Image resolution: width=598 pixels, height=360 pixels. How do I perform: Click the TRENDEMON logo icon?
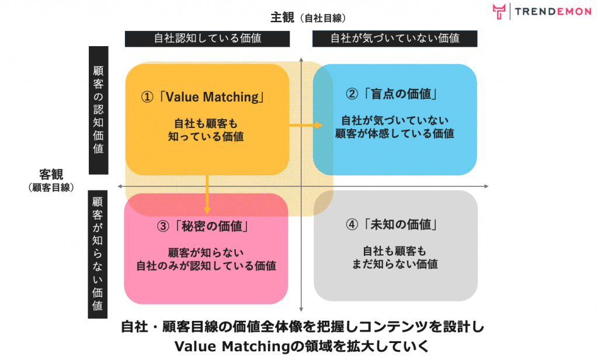pyautogui.click(x=499, y=12)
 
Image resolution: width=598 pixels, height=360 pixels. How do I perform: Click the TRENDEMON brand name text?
pyautogui.click(x=553, y=12)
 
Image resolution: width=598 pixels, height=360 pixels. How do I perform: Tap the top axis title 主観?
pyautogui.click(x=282, y=18)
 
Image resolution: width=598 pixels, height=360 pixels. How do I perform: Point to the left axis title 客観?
pyautogui.click(x=51, y=175)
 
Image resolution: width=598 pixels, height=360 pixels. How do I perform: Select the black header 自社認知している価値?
pyautogui.click(x=207, y=39)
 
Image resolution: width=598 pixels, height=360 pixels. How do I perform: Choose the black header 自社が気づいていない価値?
pyautogui.click(x=395, y=39)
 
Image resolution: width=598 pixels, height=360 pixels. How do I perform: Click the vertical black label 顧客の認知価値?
pyautogui.click(x=98, y=110)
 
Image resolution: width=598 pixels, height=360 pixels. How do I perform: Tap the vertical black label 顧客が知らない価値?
pyautogui.click(x=98, y=254)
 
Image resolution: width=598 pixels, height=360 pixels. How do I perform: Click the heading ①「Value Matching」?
pyautogui.click(x=203, y=97)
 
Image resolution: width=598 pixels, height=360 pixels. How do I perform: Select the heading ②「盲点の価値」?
pyautogui.click(x=392, y=94)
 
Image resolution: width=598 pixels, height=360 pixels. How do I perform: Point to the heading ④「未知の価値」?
pyautogui.click(x=392, y=224)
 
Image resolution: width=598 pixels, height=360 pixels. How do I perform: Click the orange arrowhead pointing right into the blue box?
pyautogui.click(x=318, y=125)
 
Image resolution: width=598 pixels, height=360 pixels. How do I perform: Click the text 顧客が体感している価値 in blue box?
pyautogui.click(x=395, y=134)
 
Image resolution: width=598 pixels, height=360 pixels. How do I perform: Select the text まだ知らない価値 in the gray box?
pyautogui.click(x=395, y=264)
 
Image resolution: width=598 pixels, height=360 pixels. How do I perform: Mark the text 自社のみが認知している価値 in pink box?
pyautogui.click(x=206, y=266)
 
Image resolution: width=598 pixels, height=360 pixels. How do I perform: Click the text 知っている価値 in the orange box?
pyautogui.click(x=206, y=137)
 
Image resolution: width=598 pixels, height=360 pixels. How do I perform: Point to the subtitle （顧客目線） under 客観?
pyautogui.click(x=51, y=188)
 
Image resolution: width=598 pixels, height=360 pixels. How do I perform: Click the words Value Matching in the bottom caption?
pyautogui.click(x=232, y=347)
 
